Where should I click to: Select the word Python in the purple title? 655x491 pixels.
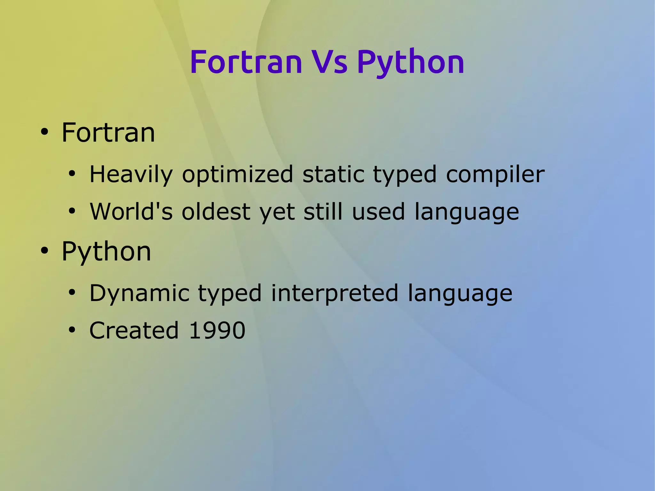(x=410, y=62)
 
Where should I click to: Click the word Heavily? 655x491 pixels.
(x=131, y=175)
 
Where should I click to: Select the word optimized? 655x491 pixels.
(x=237, y=175)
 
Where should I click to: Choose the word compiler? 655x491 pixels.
(x=495, y=175)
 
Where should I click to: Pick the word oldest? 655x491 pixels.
(x=216, y=211)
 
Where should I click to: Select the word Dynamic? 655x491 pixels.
(x=139, y=293)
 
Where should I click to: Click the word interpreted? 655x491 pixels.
(x=335, y=293)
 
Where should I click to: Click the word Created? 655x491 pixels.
(x=134, y=330)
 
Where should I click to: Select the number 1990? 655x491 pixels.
(x=217, y=330)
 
